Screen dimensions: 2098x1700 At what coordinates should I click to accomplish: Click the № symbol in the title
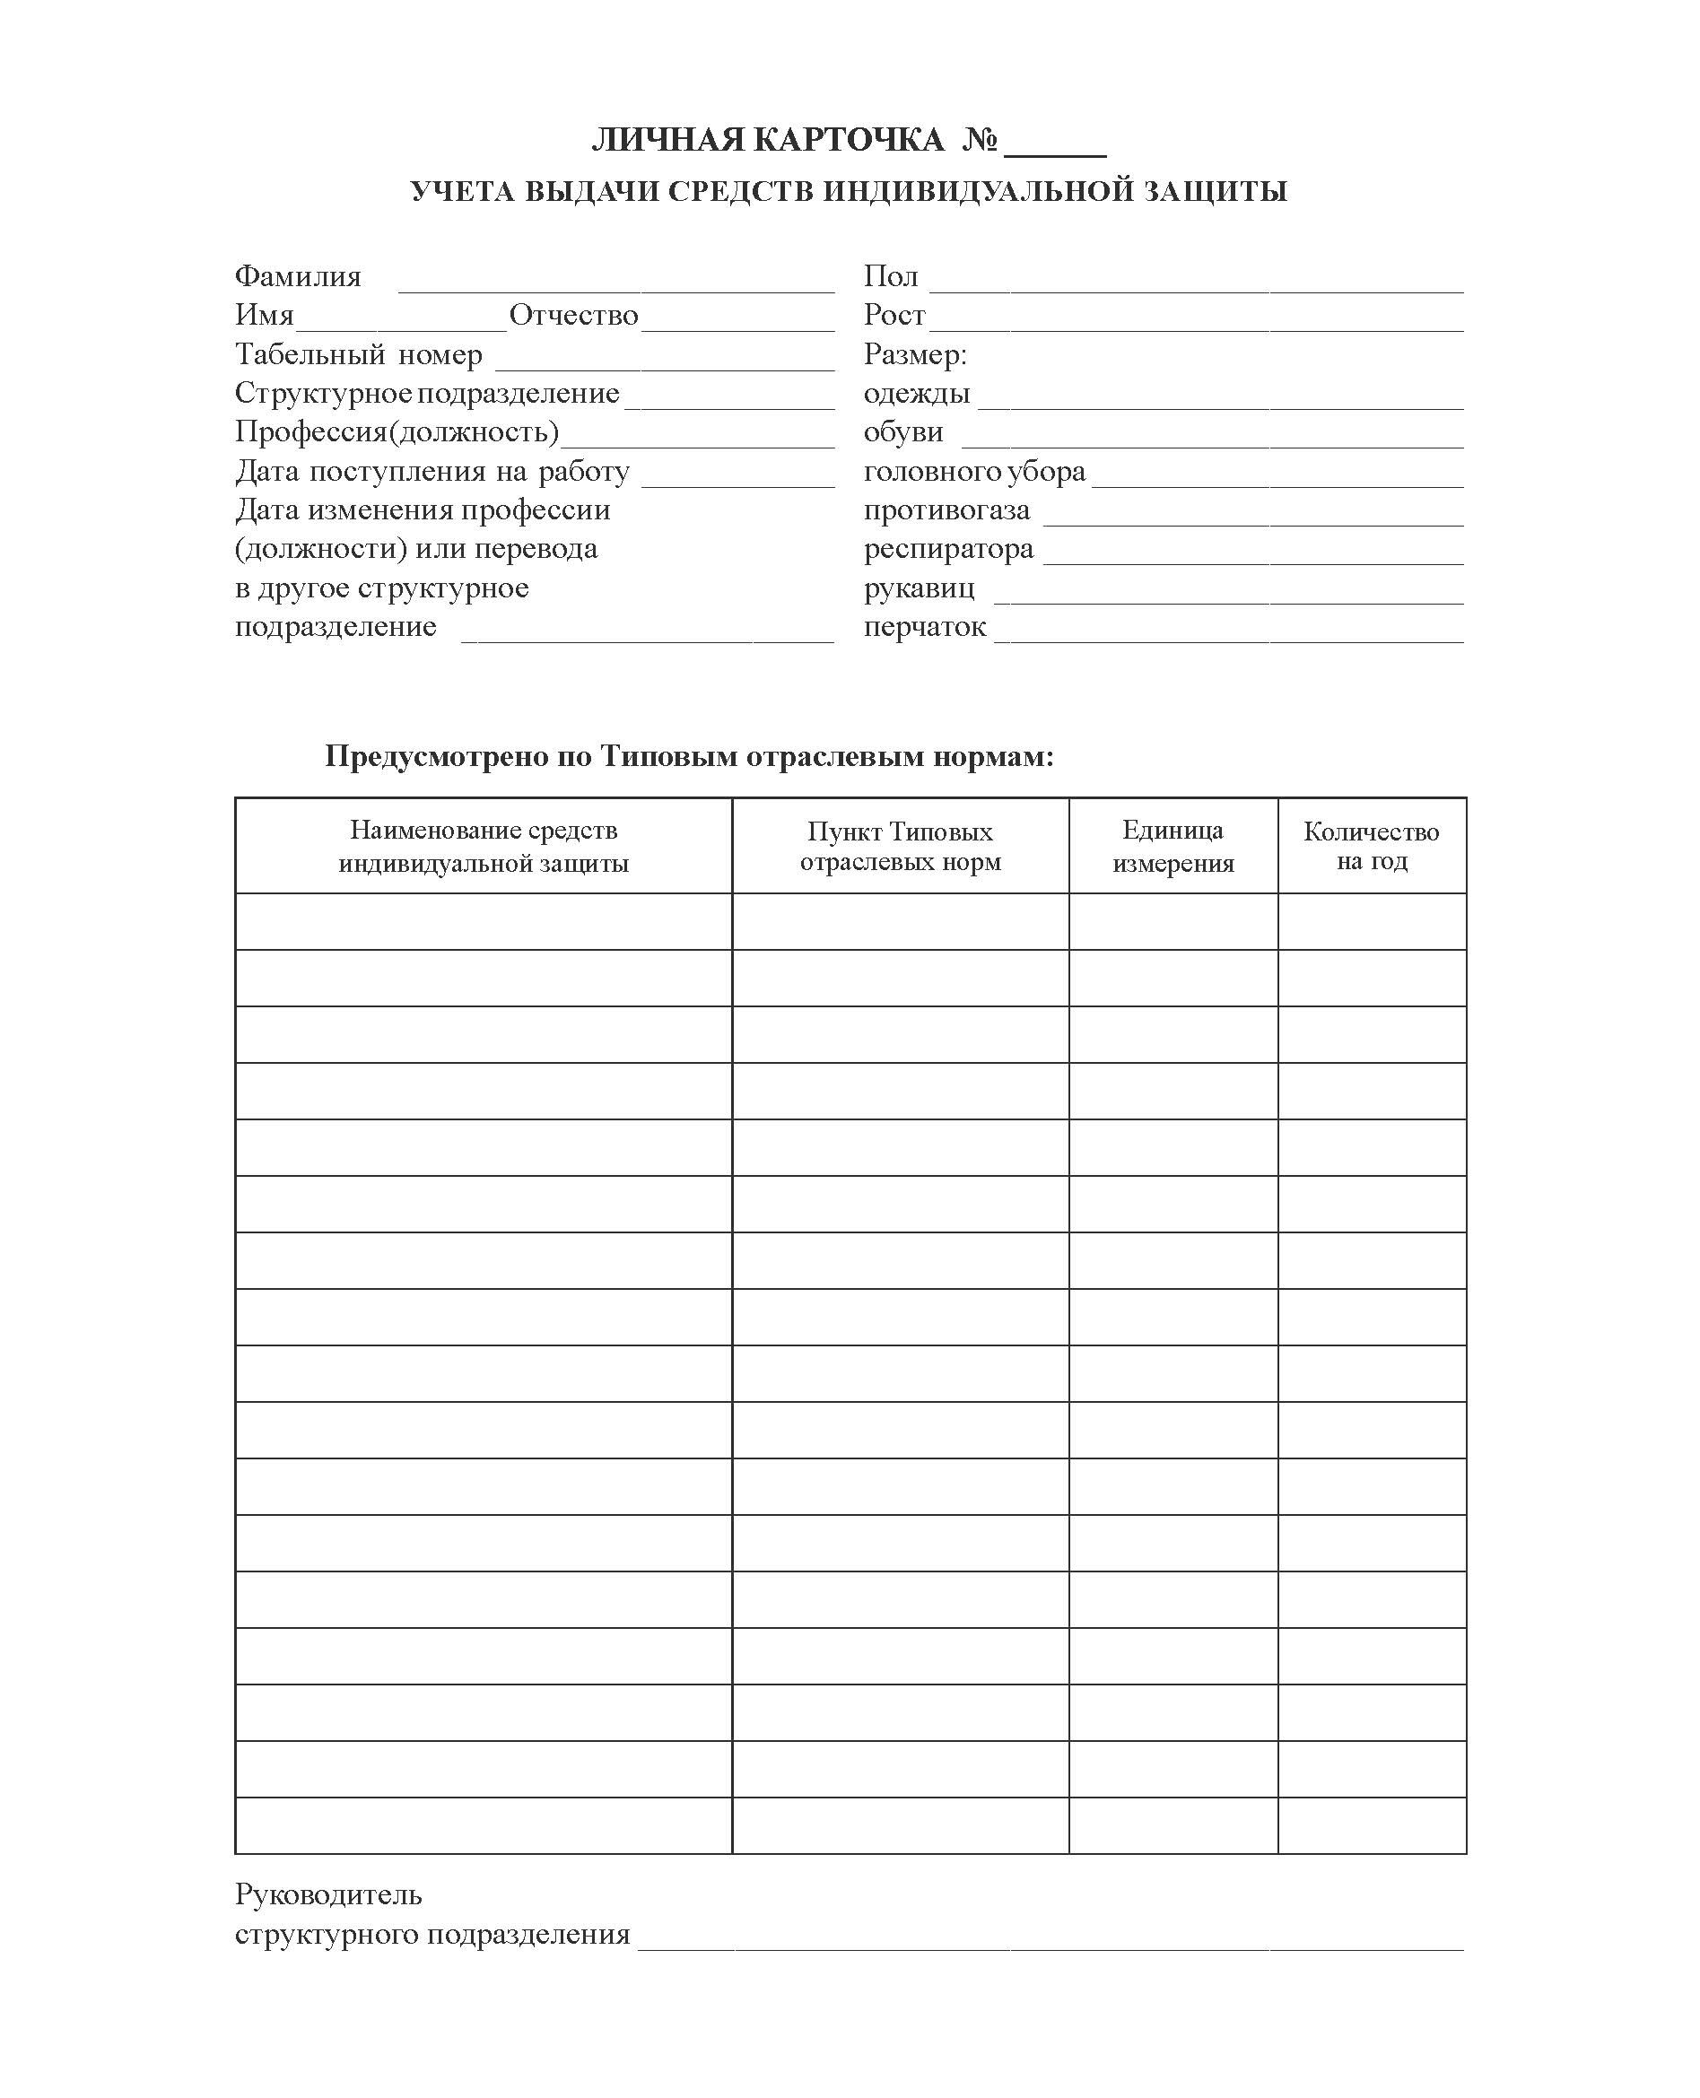click(980, 141)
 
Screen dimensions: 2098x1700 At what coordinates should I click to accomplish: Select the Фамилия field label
click(298, 277)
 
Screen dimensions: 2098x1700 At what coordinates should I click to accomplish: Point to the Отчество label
click(574, 315)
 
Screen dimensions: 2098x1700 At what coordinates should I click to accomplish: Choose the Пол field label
click(890, 277)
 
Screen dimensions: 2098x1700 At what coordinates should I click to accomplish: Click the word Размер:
click(915, 354)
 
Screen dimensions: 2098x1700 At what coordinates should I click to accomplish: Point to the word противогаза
click(946, 510)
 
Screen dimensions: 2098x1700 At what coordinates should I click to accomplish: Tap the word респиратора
click(948, 549)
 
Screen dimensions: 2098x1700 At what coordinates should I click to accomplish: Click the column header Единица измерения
click(1173, 846)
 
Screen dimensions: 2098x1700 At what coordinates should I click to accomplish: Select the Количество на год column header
click(1371, 846)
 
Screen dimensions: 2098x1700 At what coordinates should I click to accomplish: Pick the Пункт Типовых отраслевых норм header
click(900, 846)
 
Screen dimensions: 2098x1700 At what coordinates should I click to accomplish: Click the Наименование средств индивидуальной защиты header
click(483, 846)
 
